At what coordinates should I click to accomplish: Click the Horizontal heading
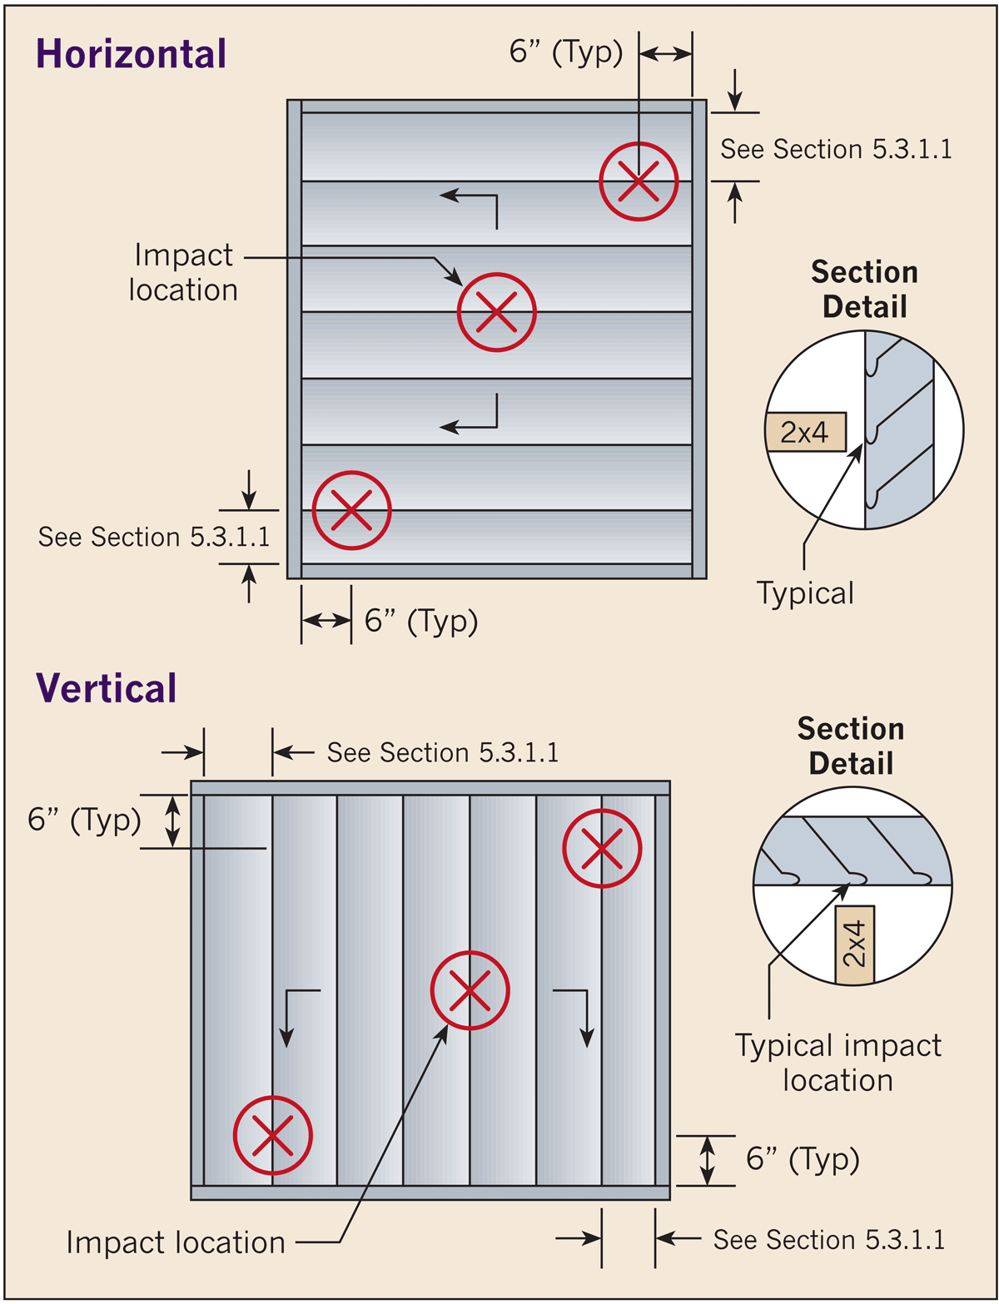tap(131, 54)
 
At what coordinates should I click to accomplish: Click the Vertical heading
tap(107, 688)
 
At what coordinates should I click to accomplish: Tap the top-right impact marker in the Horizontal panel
tap(639, 181)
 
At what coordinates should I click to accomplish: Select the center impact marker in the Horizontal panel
tap(496, 312)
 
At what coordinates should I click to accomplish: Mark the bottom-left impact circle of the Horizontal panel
tap(351, 510)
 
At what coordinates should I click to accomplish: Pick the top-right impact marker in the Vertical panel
tap(602, 849)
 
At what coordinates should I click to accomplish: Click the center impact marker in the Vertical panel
tap(470, 990)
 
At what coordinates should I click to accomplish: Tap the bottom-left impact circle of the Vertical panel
tap(272, 1135)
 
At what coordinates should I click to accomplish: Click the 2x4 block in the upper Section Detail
tap(805, 432)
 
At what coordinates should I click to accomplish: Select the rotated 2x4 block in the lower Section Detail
tap(855, 945)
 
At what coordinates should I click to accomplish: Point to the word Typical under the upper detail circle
tap(805, 593)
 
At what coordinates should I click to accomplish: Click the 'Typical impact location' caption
tap(837, 1063)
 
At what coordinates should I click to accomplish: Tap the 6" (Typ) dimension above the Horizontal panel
tap(566, 53)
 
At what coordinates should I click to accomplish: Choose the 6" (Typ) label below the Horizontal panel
tap(421, 621)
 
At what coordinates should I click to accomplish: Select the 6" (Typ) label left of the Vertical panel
tap(84, 820)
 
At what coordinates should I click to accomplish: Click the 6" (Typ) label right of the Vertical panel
tap(803, 1158)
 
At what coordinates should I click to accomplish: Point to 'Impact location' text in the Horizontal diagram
tap(183, 272)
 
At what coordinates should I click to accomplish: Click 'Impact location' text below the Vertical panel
tap(176, 1242)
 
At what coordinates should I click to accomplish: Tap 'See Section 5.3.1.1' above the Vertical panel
tap(442, 752)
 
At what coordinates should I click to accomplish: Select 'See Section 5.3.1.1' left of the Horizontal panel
tap(154, 537)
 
